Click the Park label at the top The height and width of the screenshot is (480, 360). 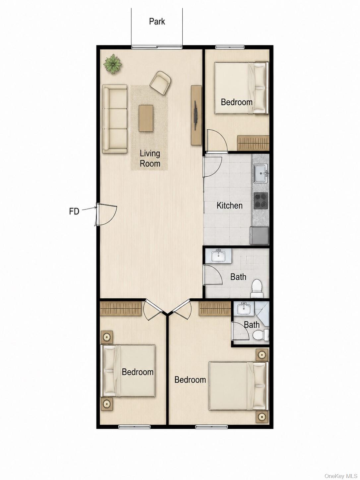point(157,22)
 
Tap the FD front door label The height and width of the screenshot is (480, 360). point(74,211)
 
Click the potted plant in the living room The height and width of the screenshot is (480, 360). point(113,64)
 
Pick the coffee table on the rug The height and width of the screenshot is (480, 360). point(146,118)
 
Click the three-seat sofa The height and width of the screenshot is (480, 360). point(115,119)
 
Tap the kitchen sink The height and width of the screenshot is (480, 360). point(261,173)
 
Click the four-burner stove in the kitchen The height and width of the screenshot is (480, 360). point(261,200)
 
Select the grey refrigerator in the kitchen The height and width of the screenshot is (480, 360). point(259,235)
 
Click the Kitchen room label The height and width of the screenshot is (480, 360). point(229,206)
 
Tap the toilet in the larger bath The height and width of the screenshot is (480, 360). point(257,288)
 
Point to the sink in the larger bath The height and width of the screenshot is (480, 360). point(218,256)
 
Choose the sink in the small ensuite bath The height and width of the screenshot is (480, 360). point(244,309)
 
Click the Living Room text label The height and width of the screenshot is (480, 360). point(150,158)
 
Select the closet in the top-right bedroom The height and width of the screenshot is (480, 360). point(253,143)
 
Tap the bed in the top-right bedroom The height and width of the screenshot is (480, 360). point(241,88)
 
